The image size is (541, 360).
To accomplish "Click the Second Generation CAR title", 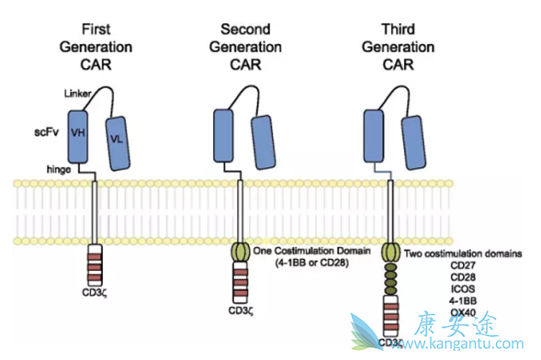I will (246, 43).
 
